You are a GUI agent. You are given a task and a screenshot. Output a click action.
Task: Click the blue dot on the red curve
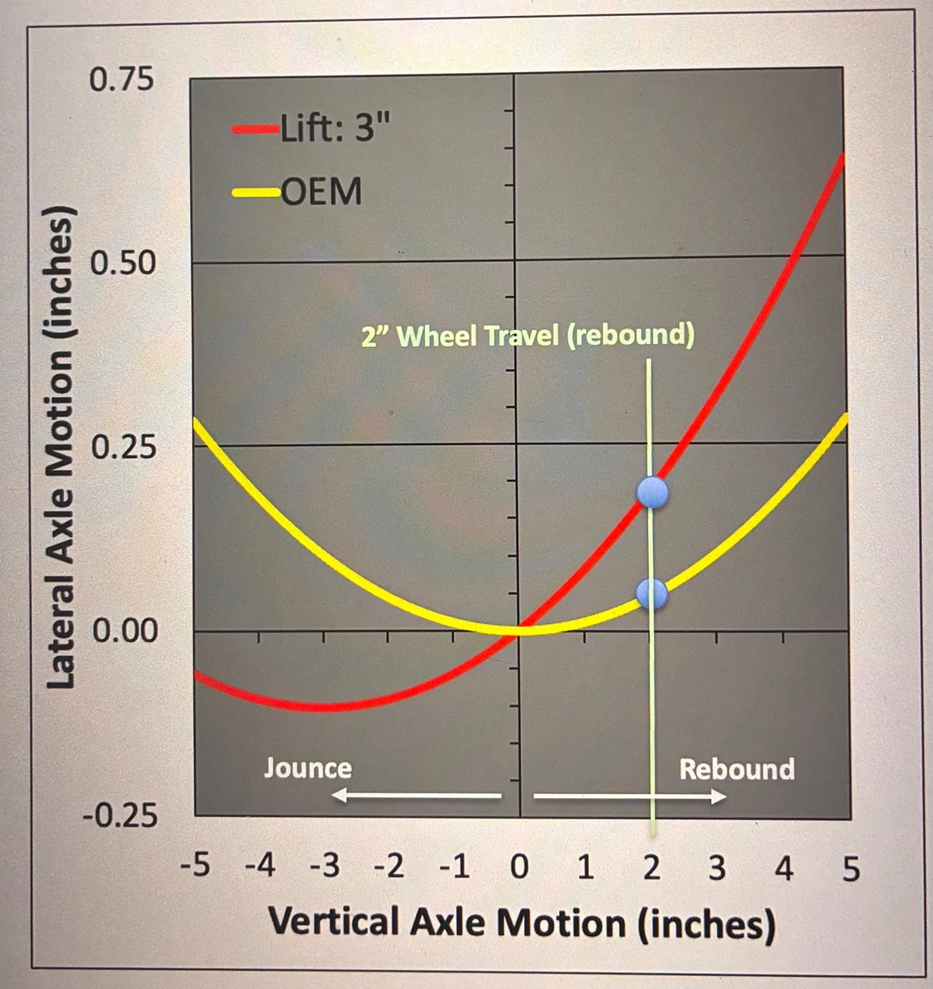pos(652,492)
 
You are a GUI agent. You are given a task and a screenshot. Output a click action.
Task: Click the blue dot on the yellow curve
pos(652,593)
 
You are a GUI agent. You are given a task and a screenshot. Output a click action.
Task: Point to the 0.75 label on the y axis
pos(122,80)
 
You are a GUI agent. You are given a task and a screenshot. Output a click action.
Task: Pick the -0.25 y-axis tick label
pos(120,817)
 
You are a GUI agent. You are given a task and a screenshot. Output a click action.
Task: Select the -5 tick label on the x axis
pos(195,867)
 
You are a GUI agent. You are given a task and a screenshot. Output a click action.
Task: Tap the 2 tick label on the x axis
pos(652,868)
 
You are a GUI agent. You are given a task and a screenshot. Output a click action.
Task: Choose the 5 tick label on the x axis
pos(851,870)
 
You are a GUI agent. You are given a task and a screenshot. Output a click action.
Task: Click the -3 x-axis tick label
pos(325,867)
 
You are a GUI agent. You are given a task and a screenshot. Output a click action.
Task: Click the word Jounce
pos(308,768)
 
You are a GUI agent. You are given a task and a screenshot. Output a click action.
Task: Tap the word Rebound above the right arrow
pos(737,769)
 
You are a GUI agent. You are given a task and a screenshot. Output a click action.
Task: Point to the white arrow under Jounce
pos(416,795)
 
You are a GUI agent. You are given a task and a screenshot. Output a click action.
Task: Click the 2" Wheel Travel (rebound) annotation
pos(528,335)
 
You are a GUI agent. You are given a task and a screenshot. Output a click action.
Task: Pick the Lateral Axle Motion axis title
pos(61,448)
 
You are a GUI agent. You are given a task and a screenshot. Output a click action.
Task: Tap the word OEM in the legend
pos(322,192)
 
